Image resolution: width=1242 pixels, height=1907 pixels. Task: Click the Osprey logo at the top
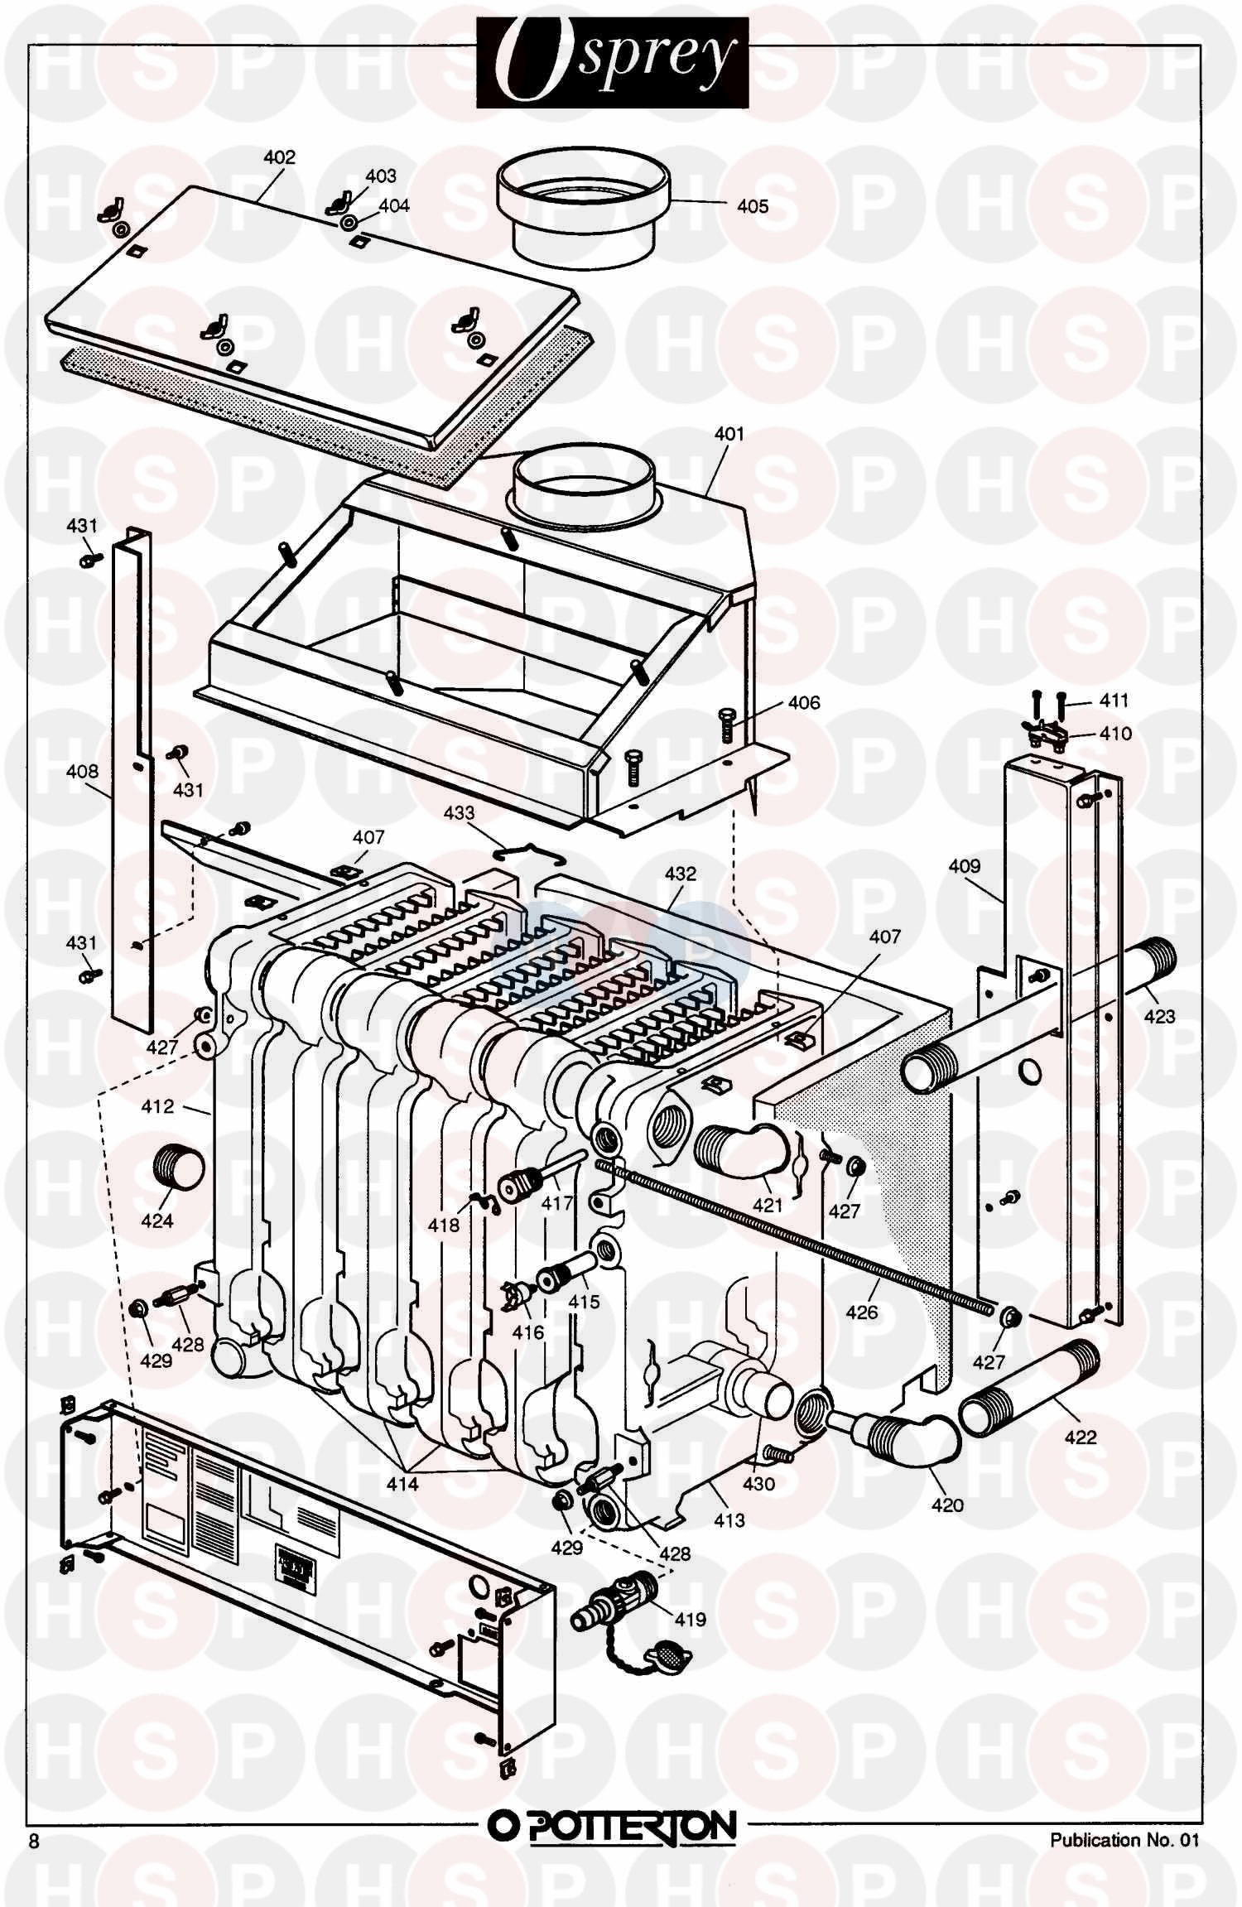coord(612,63)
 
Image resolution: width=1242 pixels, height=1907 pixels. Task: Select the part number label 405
coord(753,206)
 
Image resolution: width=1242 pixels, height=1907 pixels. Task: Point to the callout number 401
coord(729,434)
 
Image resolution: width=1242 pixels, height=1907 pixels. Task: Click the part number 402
coord(279,157)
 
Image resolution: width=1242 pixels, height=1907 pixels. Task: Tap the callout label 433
coord(459,813)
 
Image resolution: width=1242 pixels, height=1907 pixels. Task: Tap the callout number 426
coord(862,1312)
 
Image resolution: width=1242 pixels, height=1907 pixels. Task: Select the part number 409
coord(965,866)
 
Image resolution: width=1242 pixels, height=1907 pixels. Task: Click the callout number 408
coord(82,772)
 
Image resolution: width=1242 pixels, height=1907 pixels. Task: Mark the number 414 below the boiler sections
coord(402,1485)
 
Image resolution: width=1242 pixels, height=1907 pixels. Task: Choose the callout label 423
coord(1159,1016)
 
